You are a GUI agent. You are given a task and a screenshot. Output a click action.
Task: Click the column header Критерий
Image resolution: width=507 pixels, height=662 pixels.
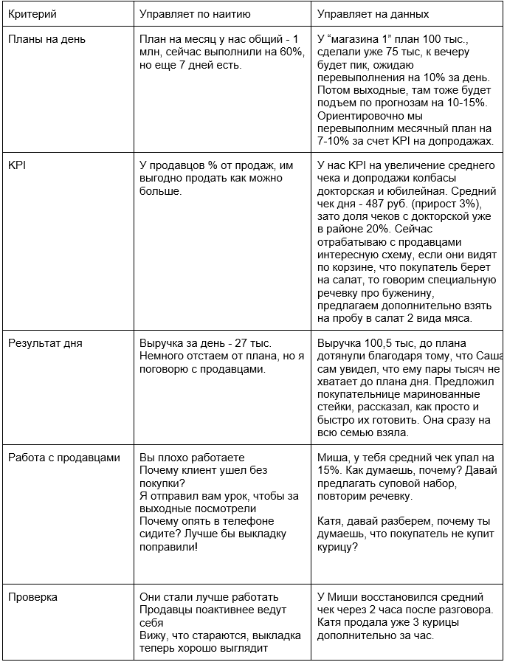pyautogui.click(x=32, y=14)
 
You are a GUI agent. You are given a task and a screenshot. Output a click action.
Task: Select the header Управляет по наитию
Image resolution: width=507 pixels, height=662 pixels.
pyautogui.click(x=195, y=14)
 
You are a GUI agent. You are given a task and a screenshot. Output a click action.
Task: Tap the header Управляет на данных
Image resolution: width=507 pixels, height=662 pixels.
pyautogui.click(x=373, y=14)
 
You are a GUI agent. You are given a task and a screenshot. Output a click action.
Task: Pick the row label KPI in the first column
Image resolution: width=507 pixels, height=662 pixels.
pyautogui.click(x=16, y=165)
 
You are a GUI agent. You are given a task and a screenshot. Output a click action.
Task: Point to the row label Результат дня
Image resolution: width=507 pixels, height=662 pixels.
pyautogui.click(x=45, y=343)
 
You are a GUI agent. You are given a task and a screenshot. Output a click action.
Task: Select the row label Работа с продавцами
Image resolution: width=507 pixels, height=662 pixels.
pyautogui.click(x=63, y=458)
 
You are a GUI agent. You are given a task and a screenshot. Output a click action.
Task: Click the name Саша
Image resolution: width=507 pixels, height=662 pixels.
pyautogui.click(x=489, y=355)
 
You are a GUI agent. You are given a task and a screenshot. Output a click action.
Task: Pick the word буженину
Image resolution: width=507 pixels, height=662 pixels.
pyautogui.click(x=458, y=293)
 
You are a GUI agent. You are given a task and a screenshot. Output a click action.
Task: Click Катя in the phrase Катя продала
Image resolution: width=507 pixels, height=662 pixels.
pyautogui.click(x=329, y=622)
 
